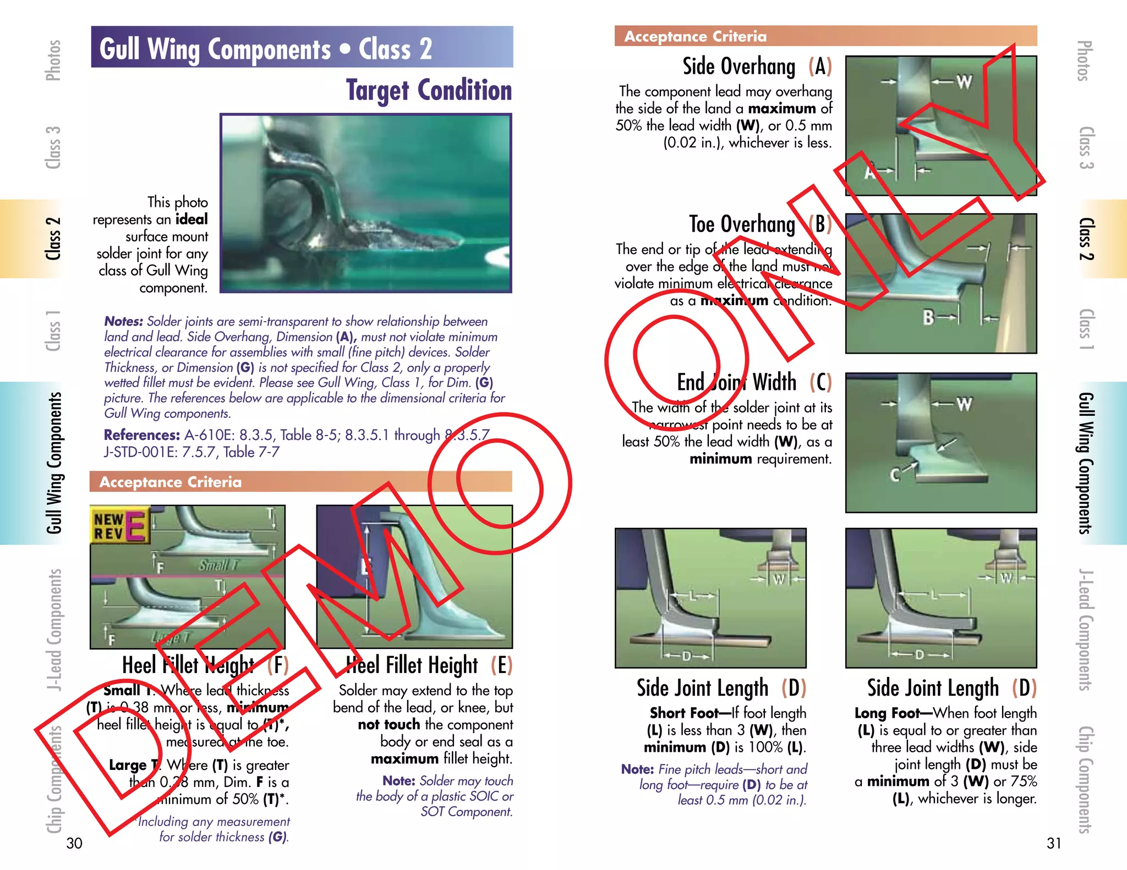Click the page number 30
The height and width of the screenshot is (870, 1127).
[x=74, y=843]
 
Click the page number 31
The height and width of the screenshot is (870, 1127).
[x=1053, y=843]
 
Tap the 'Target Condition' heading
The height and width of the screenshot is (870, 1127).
[x=429, y=91]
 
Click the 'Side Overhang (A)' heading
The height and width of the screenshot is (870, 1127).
[x=757, y=67]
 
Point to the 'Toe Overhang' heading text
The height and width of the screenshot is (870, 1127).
[x=742, y=224]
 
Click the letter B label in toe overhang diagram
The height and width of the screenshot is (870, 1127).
[x=928, y=317]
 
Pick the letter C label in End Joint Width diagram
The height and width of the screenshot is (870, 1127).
[x=895, y=475]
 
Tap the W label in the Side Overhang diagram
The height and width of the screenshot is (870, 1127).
[x=964, y=82]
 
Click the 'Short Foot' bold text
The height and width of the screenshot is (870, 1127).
[x=683, y=713]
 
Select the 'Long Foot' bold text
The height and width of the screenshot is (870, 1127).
[x=887, y=713]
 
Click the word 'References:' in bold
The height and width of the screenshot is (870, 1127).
[x=141, y=435]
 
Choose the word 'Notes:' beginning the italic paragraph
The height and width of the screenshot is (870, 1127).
[x=123, y=321]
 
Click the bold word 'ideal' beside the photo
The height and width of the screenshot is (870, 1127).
[x=192, y=219]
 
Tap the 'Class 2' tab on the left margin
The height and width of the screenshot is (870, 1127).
[x=53, y=239]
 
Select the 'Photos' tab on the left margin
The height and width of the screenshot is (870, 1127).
[x=53, y=60]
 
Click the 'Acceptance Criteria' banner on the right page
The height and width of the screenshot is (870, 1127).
[x=695, y=36]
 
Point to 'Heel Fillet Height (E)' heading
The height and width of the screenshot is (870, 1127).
[x=429, y=665]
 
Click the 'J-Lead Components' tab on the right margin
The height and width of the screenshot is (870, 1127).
[x=1085, y=629]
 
